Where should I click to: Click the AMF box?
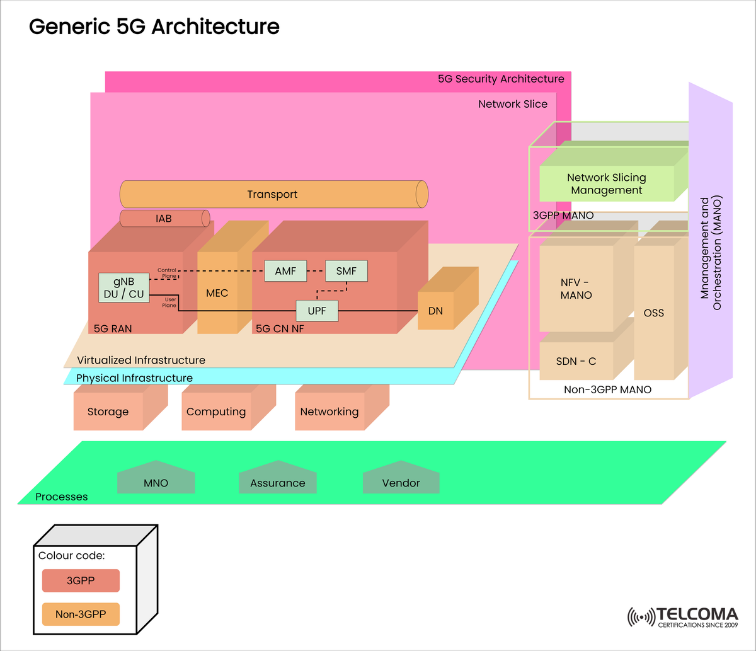(x=285, y=271)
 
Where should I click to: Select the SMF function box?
(x=346, y=271)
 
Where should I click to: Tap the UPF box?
(x=317, y=311)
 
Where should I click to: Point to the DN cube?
(x=435, y=311)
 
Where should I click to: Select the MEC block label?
(x=217, y=293)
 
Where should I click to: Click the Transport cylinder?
(x=272, y=194)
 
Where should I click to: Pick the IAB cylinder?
(x=163, y=219)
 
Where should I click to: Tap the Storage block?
(x=108, y=412)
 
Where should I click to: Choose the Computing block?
(x=216, y=412)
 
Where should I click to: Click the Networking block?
(x=329, y=412)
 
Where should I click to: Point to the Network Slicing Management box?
(x=606, y=184)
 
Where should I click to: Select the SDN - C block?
(x=576, y=361)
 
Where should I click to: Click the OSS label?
(x=653, y=313)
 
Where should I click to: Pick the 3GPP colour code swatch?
(x=81, y=580)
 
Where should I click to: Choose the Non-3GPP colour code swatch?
(x=81, y=614)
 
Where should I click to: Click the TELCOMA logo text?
(x=697, y=614)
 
